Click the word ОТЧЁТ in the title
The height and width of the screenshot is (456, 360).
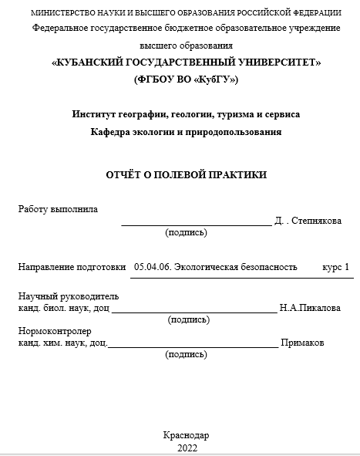124,175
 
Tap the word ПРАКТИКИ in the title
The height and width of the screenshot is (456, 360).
235,175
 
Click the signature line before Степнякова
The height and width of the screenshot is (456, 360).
196,223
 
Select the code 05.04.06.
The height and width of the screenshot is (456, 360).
152,267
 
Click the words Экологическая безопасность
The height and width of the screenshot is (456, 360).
236,267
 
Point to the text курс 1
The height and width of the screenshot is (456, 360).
335,267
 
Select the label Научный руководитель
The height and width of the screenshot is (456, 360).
68,296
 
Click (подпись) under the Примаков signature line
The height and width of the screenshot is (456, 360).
187,354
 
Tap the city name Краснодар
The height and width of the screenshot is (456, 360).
187,435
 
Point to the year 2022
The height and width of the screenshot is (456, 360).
187,448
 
